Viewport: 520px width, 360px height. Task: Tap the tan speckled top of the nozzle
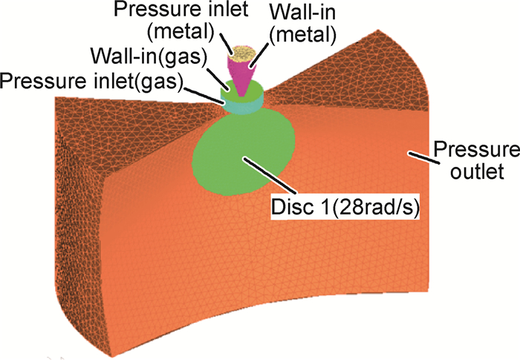tap(242, 53)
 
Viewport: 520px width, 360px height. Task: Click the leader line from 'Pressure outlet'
tap(417, 155)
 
